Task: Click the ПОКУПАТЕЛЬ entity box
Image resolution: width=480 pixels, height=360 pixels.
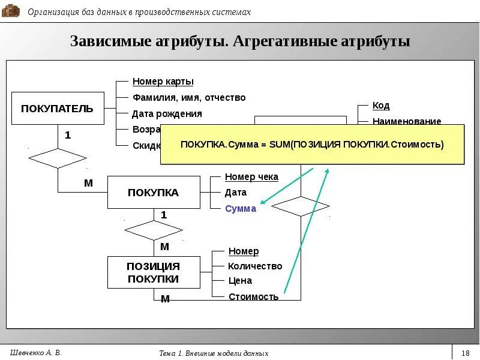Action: [x=58, y=109]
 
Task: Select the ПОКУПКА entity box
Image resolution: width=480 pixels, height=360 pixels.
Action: [x=154, y=193]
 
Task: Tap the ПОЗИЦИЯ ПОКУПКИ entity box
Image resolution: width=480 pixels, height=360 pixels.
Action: [x=154, y=272]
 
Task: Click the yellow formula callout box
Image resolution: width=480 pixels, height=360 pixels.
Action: [x=312, y=145]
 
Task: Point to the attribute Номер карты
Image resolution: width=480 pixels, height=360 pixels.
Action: [x=163, y=82]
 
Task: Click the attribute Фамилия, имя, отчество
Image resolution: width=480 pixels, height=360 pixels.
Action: [x=189, y=98]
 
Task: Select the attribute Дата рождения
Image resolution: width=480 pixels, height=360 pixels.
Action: [x=167, y=113]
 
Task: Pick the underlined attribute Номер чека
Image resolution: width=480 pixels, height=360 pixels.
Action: [x=251, y=177]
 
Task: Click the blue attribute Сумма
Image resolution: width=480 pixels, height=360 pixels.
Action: [x=241, y=209]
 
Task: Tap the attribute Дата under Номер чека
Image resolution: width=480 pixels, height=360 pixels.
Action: [x=236, y=193]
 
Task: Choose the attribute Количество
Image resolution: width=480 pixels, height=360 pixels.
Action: [x=255, y=266]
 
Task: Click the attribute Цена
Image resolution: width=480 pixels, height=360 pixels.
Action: [x=240, y=281]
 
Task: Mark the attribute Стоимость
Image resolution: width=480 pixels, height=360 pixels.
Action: [x=254, y=296]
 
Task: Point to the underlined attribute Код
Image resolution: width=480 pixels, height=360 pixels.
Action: [x=381, y=106]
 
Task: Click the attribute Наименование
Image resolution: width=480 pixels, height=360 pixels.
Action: [x=407, y=121]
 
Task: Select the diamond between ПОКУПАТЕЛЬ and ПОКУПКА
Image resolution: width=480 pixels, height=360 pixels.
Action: [x=58, y=158]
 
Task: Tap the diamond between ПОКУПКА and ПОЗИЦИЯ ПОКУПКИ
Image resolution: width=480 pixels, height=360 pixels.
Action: [x=154, y=230]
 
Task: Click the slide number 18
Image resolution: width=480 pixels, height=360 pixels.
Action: [x=466, y=353]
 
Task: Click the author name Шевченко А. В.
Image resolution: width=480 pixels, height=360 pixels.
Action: [x=37, y=352]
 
